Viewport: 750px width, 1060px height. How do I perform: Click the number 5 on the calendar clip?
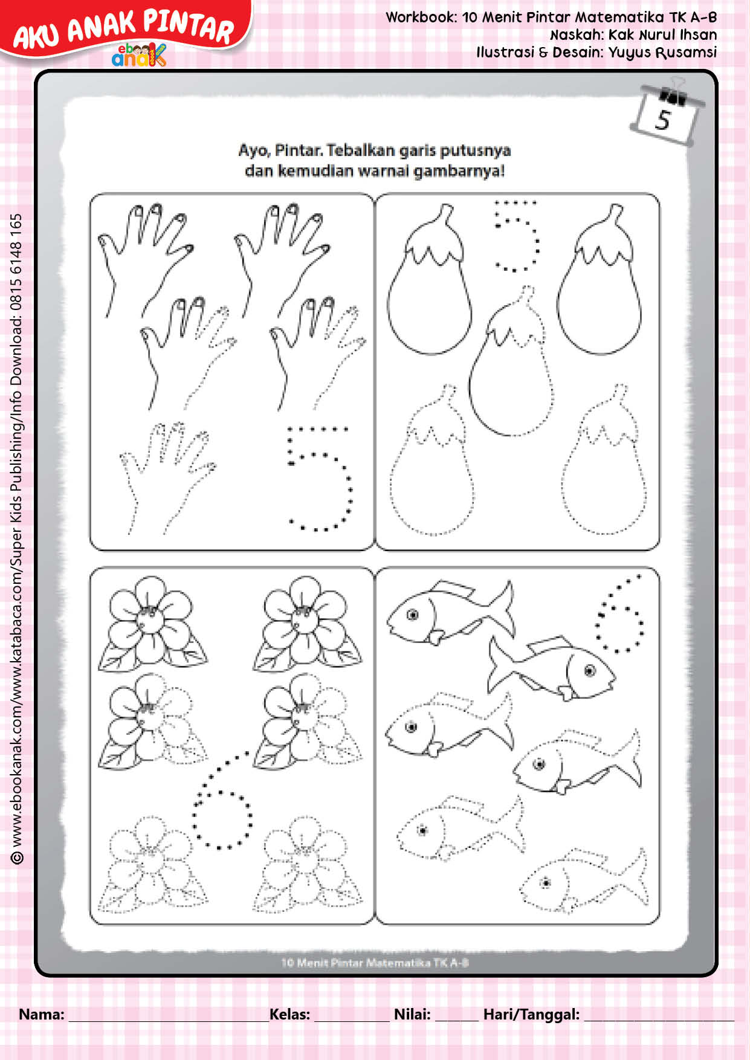[x=663, y=120]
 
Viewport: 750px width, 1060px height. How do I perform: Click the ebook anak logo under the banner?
[x=139, y=56]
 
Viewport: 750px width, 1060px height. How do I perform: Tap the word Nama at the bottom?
[x=41, y=1014]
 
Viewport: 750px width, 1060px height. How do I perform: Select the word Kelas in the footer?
[x=289, y=1014]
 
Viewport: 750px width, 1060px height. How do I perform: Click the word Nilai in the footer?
[x=412, y=1014]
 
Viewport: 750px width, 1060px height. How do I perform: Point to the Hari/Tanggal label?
[x=531, y=1015]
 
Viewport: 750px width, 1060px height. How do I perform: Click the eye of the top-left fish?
[x=413, y=615]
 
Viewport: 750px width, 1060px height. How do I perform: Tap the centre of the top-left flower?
[x=147, y=616]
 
